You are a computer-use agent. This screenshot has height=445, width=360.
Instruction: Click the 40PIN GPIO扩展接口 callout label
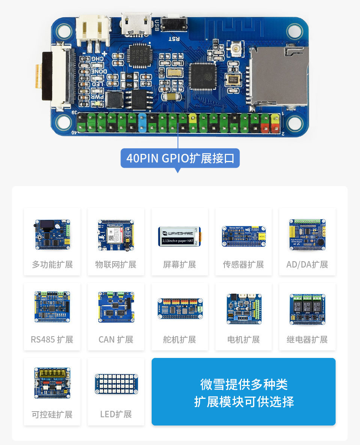click(180, 158)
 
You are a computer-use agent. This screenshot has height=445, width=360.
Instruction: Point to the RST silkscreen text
click(175, 39)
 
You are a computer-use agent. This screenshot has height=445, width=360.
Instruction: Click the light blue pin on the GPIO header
click(142, 123)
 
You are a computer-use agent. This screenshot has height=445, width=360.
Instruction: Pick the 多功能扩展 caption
click(52, 265)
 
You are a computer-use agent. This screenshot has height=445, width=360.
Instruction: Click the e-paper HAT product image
click(180, 236)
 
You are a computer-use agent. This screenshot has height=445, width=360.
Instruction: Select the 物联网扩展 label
click(116, 265)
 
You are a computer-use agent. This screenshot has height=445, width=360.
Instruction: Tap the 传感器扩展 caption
click(243, 265)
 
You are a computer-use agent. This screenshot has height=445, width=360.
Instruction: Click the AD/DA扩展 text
click(307, 265)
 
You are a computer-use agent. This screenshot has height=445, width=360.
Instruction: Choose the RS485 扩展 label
click(52, 340)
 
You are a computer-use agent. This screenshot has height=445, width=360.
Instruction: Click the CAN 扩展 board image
click(116, 308)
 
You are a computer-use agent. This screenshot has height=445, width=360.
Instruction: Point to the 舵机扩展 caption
click(180, 340)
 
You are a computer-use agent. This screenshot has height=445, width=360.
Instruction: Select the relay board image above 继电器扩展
click(307, 309)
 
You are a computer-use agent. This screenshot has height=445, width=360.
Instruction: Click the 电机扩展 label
click(243, 340)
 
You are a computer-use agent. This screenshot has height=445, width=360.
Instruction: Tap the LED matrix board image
click(116, 384)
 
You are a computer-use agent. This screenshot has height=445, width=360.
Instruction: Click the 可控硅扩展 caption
click(52, 415)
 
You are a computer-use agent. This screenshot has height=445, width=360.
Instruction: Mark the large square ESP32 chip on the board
click(203, 76)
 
